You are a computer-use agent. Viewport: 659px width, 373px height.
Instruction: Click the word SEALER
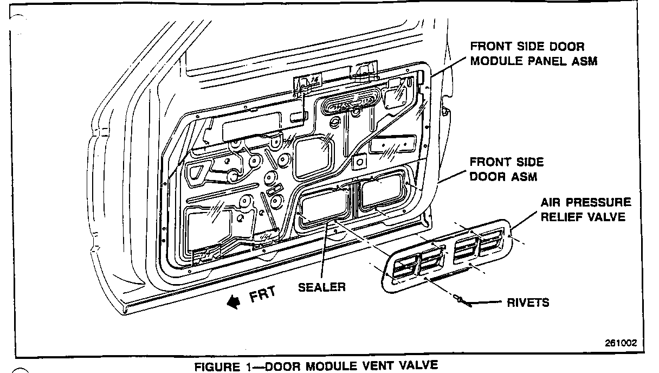tap(321, 287)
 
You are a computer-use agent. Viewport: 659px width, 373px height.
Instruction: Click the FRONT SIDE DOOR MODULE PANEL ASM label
tap(533, 54)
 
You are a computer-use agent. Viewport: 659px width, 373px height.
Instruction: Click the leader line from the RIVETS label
tap(488, 302)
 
